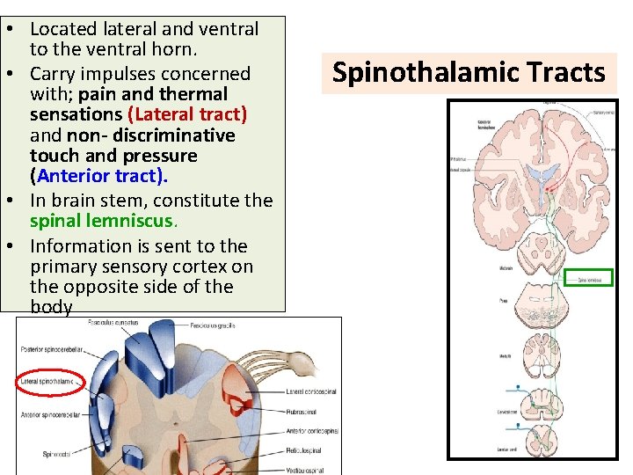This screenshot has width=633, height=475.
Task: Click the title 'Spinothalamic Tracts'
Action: coord(469,72)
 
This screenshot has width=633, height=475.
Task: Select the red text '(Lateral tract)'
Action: coord(187,114)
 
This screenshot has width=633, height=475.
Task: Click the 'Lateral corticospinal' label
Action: coord(312,391)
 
